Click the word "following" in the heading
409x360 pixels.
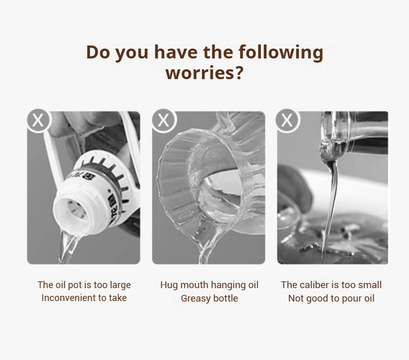pos(281,52)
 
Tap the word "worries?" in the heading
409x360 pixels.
pos(204,73)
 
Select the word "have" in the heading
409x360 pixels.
pos(176,52)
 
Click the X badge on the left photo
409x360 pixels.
pos(39,121)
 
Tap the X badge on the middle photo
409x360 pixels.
pos(164,121)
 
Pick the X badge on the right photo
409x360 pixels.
pos(287,121)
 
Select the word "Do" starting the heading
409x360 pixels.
pos(99,52)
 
